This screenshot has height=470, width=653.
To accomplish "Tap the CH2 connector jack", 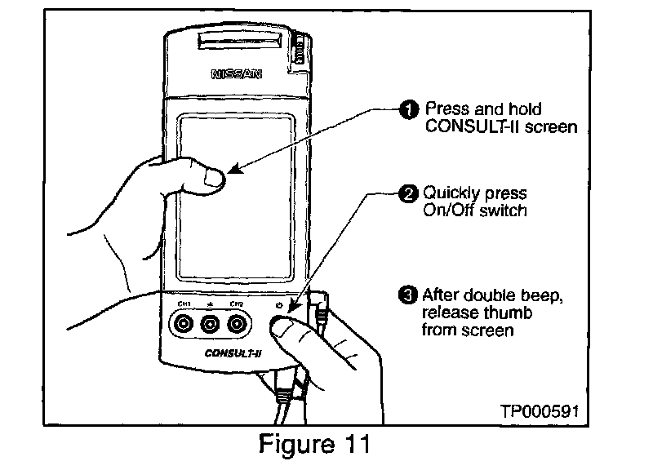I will (x=238, y=325).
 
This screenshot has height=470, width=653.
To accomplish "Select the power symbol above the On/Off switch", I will (x=280, y=305).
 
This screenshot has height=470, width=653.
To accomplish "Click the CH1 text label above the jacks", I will (x=184, y=304).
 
